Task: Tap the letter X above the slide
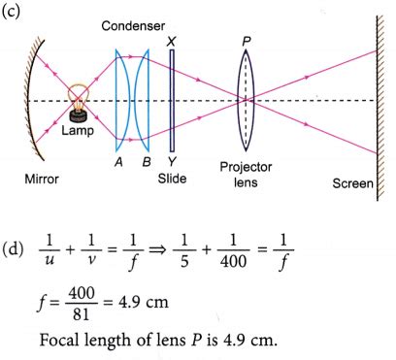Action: (172, 42)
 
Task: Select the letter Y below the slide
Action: (172, 162)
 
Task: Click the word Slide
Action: (172, 180)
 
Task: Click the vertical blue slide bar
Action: (172, 101)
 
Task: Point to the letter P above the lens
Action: (248, 42)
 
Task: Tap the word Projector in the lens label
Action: (246, 167)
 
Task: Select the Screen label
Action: (352, 183)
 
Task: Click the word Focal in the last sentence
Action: (62, 341)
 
